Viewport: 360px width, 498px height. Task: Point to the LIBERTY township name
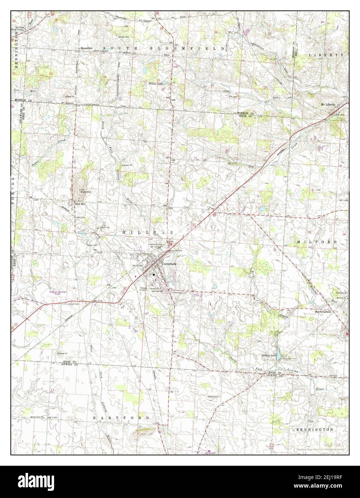326,55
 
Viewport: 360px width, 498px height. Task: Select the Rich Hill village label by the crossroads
81,204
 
